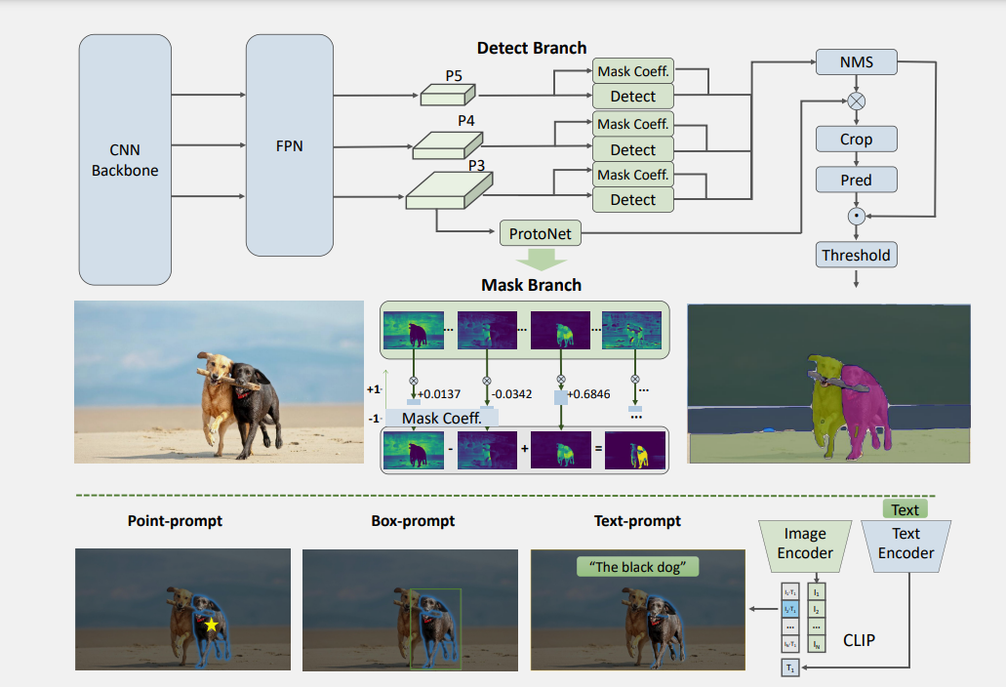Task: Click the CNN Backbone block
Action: point(125,159)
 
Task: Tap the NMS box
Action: point(856,63)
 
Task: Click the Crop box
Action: point(856,140)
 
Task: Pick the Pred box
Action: point(856,181)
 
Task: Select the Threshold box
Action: point(856,256)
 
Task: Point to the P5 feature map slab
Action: point(447,95)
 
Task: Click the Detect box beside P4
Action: point(632,149)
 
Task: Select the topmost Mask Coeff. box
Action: point(632,72)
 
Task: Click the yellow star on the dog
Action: point(211,624)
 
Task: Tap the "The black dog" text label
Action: point(638,566)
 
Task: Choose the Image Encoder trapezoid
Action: point(805,544)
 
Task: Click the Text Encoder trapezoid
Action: point(905,544)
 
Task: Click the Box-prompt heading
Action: point(413,521)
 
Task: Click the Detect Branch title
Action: point(532,48)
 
